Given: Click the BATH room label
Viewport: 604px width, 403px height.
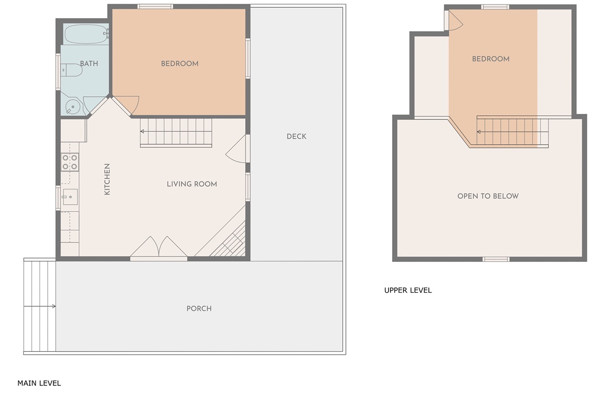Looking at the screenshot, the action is pyautogui.click(x=89, y=63).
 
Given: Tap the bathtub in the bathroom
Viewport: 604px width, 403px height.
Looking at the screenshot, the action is pyautogui.click(x=86, y=34).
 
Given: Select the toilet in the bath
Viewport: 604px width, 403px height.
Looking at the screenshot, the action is pyautogui.click(x=71, y=70).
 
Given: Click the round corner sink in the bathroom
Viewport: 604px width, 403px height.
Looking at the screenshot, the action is pyautogui.click(x=72, y=107).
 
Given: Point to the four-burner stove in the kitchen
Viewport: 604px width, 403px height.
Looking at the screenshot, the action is pyautogui.click(x=70, y=162).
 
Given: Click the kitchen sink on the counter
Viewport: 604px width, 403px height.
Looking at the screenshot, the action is pyautogui.click(x=70, y=197).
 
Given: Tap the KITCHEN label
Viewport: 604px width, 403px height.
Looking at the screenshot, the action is pyautogui.click(x=107, y=179).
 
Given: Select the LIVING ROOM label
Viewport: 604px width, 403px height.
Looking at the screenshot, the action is pyautogui.click(x=192, y=184).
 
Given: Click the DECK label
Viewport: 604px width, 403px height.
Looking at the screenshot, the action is pyautogui.click(x=296, y=137).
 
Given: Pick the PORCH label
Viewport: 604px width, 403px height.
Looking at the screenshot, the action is pyautogui.click(x=199, y=308).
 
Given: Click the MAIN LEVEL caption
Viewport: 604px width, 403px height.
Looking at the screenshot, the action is pyautogui.click(x=39, y=383).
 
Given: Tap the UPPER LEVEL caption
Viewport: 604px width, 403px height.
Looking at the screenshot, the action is pyautogui.click(x=408, y=291).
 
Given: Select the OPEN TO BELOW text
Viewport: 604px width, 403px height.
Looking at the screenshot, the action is pyautogui.click(x=488, y=196).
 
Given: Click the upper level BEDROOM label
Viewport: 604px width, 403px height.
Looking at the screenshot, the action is pyautogui.click(x=491, y=59).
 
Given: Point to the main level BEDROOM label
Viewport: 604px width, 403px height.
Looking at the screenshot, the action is pyautogui.click(x=180, y=63).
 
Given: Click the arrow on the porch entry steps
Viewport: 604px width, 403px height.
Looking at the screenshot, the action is pyautogui.click(x=40, y=306).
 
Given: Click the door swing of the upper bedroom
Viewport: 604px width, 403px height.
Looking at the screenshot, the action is pyautogui.click(x=455, y=21).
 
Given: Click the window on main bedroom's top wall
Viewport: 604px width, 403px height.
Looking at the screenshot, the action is pyautogui.click(x=156, y=7).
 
